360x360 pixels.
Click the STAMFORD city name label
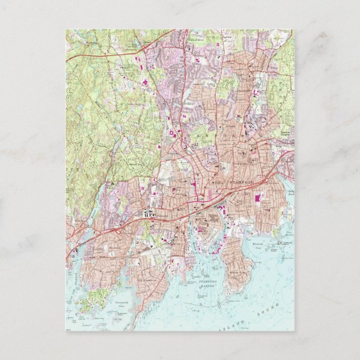click(242, 182)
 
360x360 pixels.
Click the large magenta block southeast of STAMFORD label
click(257, 197)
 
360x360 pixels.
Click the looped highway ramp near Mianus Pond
click(117, 229)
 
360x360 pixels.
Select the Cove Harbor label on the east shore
click(288, 233)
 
